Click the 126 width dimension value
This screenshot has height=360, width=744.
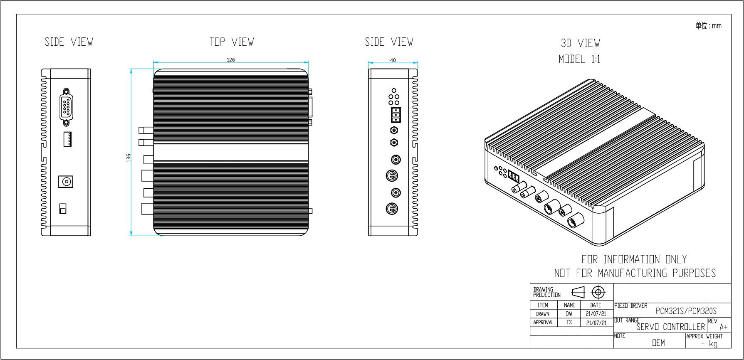pyautogui.click(x=231, y=60)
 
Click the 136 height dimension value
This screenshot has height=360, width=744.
pyautogui.click(x=129, y=158)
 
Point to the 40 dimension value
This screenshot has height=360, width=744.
pyautogui.click(x=393, y=60)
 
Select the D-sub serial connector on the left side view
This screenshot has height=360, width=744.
pyautogui.click(x=66, y=106)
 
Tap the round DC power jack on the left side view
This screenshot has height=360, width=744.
pyautogui.click(x=66, y=182)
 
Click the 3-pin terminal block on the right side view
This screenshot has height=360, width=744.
pyautogui.click(x=396, y=115)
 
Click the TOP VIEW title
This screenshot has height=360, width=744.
pyautogui.click(x=232, y=42)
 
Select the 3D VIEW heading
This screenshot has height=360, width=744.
pyautogui.click(x=580, y=43)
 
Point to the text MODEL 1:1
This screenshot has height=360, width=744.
pyautogui.click(x=579, y=59)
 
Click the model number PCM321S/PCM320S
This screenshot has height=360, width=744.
pyautogui.click(x=686, y=311)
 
